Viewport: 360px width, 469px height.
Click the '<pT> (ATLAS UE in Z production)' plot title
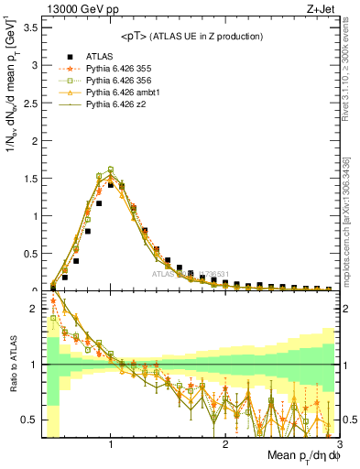pos(191,36)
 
